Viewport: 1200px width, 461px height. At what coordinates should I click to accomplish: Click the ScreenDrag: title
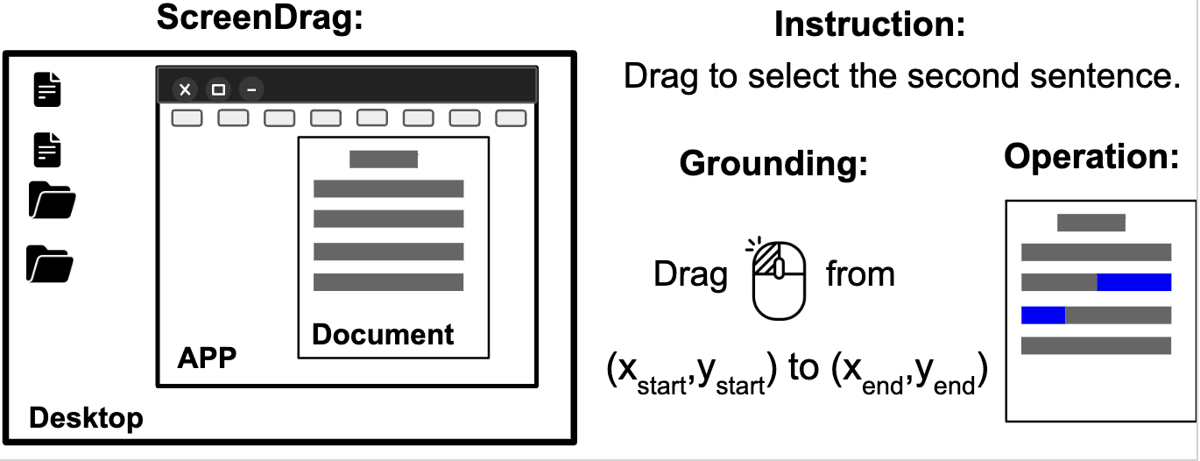point(259,18)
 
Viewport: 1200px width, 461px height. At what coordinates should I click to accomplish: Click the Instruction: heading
point(869,25)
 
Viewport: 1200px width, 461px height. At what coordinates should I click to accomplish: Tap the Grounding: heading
point(773,163)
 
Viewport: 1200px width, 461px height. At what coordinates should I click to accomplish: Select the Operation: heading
point(1091,156)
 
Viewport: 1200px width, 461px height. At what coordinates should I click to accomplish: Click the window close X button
point(185,89)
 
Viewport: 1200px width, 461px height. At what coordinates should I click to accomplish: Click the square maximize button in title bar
point(218,89)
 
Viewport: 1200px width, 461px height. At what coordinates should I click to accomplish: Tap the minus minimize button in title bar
point(251,89)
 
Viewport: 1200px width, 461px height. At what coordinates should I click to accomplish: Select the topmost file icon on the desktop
point(48,89)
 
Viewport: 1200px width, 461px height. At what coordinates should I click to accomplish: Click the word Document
point(383,334)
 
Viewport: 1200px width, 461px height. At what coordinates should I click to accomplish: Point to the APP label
point(207,358)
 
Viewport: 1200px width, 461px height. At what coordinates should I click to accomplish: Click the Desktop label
point(86,418)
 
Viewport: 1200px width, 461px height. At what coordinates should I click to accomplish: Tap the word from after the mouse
point(860,274)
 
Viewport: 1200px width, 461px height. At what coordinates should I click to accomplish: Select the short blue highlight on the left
point(1042,315)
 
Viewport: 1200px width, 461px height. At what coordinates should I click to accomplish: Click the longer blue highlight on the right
point(1133,282)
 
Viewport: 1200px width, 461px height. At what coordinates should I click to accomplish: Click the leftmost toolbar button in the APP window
point(187,118)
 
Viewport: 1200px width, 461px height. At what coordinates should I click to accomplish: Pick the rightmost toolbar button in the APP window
point(511,118)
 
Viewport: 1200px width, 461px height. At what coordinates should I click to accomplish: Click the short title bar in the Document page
point(384,160)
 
